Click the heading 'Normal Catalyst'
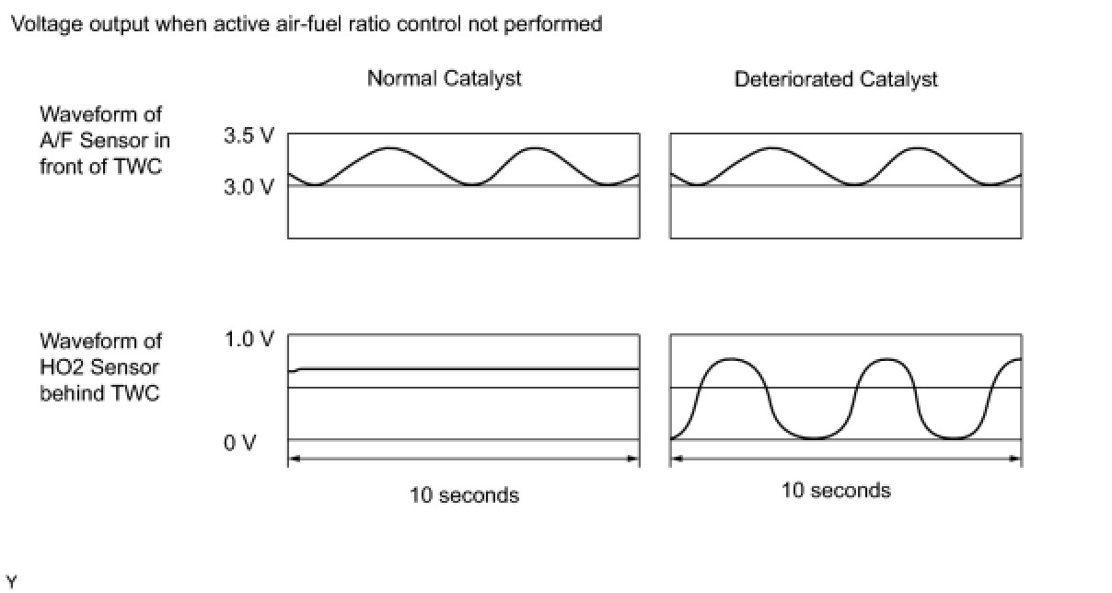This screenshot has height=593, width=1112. click(x=444, y=78)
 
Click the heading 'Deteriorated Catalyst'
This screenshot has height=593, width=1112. click(x=835, y=79)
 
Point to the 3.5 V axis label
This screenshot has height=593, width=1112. click(x=249, y=136)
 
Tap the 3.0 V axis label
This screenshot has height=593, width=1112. click(x=249, y=187)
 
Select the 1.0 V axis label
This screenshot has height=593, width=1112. click(x=249, y=339)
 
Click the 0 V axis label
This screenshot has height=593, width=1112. click(x=241, y=443)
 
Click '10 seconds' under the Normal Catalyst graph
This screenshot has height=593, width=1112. click(x=464, y=495)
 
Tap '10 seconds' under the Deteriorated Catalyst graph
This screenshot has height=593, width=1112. click(x=836, y=490)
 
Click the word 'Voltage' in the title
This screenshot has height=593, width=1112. click(x=40, y=24)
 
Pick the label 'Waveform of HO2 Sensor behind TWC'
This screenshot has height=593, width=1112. click(x=101, y=366)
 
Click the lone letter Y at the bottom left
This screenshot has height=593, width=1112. click(x=11, y=581)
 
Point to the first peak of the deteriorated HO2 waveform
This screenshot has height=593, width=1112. click(x=730, y=358)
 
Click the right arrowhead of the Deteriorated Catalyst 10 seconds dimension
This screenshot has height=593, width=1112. click(x=1015, y=459)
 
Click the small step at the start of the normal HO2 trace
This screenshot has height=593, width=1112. click(x=298, y=370)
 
